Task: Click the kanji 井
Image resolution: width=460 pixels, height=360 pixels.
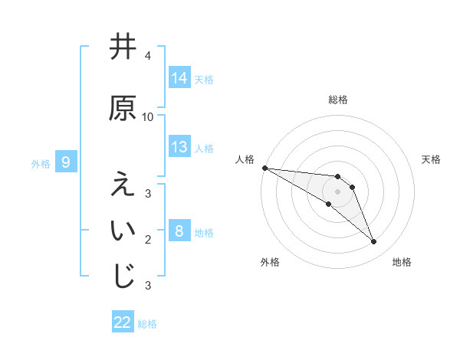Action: click(123, 47)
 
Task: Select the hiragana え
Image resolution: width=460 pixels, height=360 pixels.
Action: click(123, 184)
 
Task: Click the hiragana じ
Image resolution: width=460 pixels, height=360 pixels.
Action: click(123, 276)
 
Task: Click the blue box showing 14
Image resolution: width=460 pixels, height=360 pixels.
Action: click(179, 78)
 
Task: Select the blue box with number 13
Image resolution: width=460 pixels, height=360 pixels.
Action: click(179, 147)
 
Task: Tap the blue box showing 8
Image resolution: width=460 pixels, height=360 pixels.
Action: click(179, 231)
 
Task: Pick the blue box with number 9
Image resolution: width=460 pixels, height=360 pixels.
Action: click(67, 162)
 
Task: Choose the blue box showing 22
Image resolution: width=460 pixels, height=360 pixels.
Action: click(123, 322)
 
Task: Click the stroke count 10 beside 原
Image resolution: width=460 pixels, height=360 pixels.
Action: click(148, 116)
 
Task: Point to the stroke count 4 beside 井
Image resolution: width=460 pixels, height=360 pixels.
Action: click(148, 56)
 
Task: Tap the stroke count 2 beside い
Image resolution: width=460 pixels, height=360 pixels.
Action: click(148, 240)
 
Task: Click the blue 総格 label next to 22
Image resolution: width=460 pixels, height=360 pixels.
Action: click(147, 323)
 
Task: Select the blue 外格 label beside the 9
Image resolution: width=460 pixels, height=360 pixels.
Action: click(41, 163)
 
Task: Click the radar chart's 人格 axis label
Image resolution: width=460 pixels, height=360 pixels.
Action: click(245, 159)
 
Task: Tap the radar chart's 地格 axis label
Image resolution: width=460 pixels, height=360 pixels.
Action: click(402, 262)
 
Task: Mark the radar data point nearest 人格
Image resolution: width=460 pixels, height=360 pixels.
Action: click(264, 168)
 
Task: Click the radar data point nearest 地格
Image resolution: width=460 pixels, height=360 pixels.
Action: click(373, 242)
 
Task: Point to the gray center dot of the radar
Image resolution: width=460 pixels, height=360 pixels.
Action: click(337, 191)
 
